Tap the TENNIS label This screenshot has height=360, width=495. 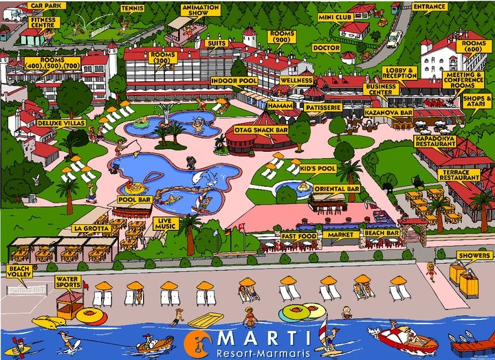pyautogui.click(x=132, y=8)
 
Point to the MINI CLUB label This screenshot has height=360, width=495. pyautogui.click(x=336, y=16)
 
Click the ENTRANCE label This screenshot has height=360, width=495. pyautogui.click(x=430, y=7)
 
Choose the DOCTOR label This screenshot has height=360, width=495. pyautogui.click(x=325, y=48)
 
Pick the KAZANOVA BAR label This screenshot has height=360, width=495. pyautogui.click(x=388, y=111)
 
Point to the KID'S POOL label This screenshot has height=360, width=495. pyautogui.click(x=317, y=169)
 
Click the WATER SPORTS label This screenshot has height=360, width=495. pyautogui.click(x=67, y=282)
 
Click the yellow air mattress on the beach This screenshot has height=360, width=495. pyautogui.click(x=206, y=320)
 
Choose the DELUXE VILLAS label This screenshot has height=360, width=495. pyautogui.click(x=55, y=123)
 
